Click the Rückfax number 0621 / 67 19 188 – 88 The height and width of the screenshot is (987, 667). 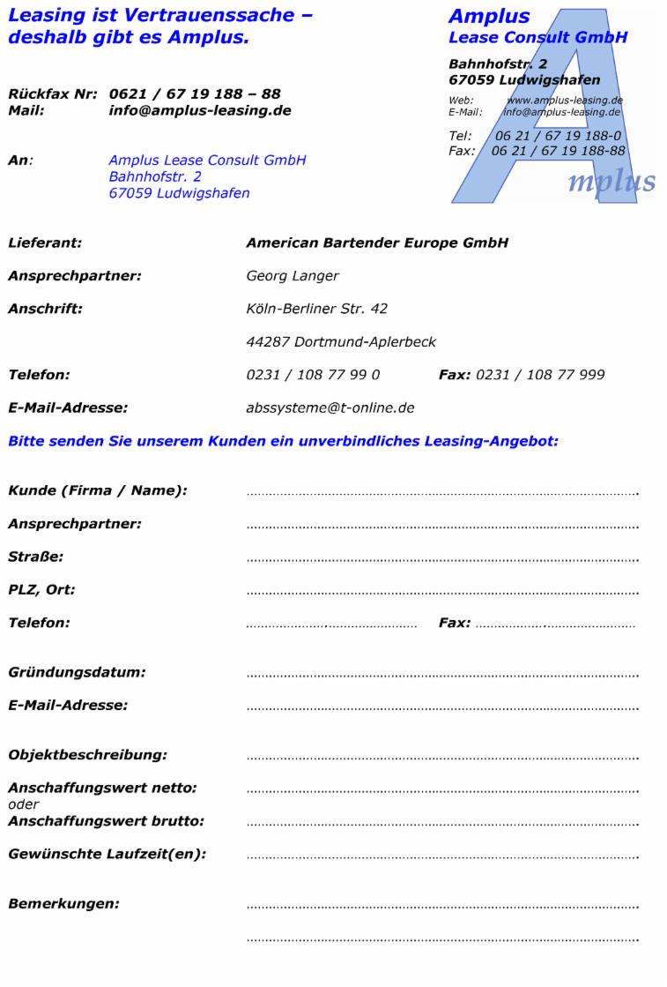(196, 94)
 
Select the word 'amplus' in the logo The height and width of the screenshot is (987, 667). (611, 181)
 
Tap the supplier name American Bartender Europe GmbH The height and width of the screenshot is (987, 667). (377, 243)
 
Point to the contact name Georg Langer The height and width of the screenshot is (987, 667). (293, 276)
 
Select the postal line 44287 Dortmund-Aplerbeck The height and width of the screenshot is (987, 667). (341, 341)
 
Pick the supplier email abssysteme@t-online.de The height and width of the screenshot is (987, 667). (330, 408)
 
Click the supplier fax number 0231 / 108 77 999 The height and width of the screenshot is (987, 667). (540, 375)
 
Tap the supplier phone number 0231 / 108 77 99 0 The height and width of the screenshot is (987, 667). (313, 375)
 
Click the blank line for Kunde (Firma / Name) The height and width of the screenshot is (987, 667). (442, 492)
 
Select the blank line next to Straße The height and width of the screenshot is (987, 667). (442, 558)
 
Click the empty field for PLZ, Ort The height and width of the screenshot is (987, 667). (442, 591)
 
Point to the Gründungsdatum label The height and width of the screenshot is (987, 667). (77, 673)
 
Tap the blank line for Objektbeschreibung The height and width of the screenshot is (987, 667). (442, 757)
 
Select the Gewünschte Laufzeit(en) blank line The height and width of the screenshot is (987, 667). (442, 856)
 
